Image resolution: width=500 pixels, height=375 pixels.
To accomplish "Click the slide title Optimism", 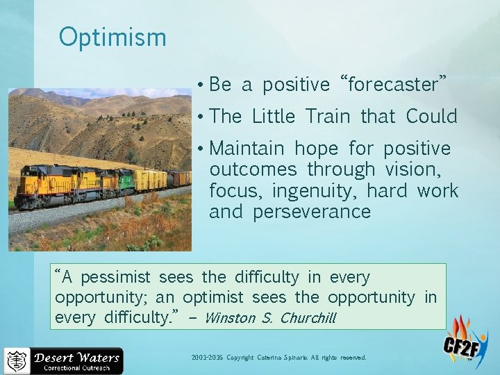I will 112,37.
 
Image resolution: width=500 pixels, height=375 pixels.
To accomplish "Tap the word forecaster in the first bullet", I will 393,85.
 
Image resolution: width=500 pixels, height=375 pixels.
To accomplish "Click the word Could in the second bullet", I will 431,116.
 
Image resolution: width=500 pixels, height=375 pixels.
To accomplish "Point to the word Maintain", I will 247,149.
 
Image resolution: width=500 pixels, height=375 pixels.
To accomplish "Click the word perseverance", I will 312,211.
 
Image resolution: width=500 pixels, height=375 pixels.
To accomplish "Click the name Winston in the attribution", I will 230,319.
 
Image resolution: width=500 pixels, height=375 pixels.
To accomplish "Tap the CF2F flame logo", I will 465,341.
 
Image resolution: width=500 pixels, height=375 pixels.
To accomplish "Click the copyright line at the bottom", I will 278,358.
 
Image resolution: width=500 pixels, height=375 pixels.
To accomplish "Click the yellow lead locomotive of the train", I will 49,183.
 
